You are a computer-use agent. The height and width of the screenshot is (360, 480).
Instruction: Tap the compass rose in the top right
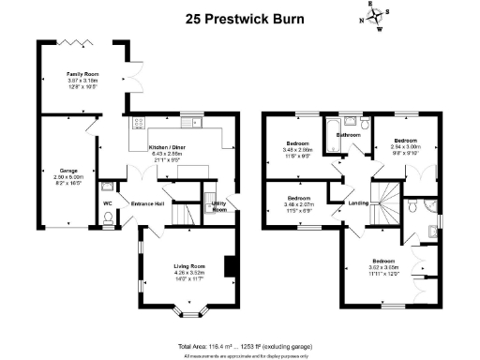[x=371, y=18]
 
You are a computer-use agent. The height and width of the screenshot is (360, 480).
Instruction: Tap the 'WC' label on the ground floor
[x=109, y=202]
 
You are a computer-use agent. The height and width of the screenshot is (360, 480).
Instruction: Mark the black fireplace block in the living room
[x=228, y=266]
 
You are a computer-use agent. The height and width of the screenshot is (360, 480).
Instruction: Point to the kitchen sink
[x=195, y=121]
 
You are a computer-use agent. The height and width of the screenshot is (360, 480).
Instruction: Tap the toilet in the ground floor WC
[x=109, y=219]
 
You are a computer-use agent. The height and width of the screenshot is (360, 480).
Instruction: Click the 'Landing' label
[x=357, y=202]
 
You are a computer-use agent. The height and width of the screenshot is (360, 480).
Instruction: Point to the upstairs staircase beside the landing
[x=385, y=202]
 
